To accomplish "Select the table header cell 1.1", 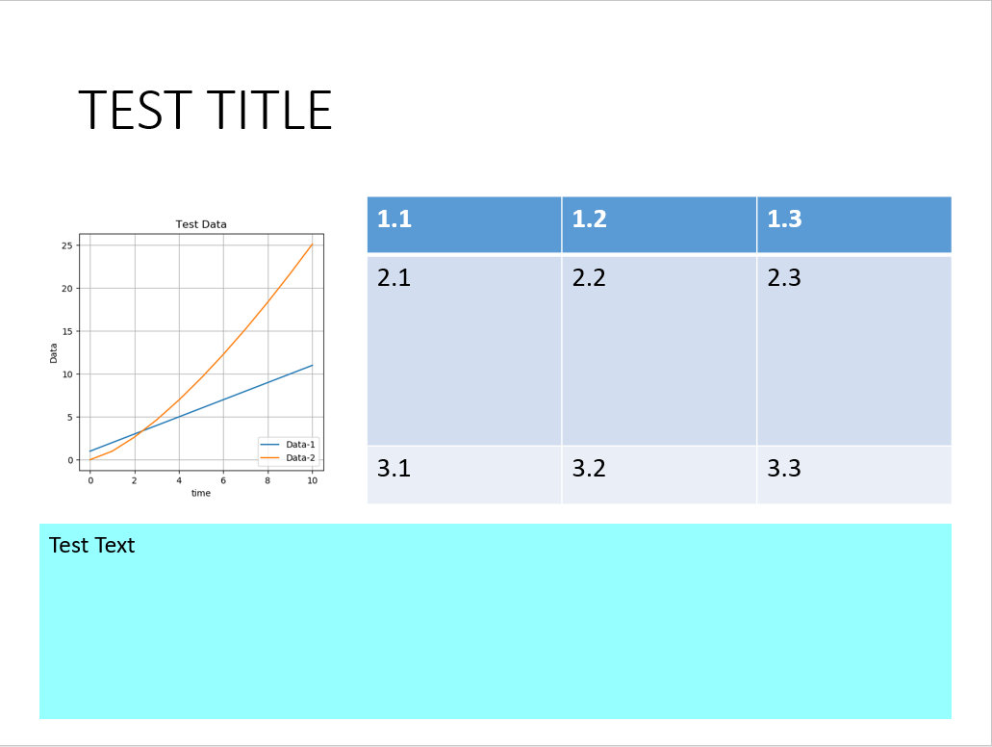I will [x=394, y=219].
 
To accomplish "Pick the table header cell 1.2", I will [x=589, y=219].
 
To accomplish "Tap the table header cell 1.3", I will [x=784, y=219].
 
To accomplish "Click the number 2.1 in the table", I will [x=394, y=278].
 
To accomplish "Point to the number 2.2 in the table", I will [x=589, y=278].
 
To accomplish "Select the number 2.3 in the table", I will [x=784, y=278].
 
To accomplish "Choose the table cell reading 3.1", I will [x=394, y=469].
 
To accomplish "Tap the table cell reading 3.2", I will [x=589, y=469].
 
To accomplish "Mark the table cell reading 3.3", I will [x=784, y=469].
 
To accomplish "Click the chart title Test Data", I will [x=201, y=224].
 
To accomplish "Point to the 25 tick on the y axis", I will [x=67, y=245].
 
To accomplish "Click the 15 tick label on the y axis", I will [x=67, y=331].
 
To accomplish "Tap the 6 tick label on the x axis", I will [x=223, y=479].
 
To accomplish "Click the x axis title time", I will [x=201, y=493].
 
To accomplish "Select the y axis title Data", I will [x=54, y=352].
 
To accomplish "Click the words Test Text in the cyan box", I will [x=91, y=546].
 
